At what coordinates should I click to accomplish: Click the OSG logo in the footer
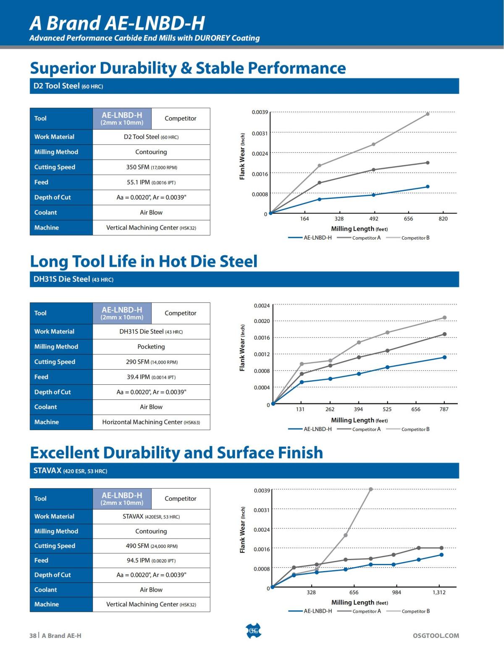pos(253,631)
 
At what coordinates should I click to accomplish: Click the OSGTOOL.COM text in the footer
pos(436,635)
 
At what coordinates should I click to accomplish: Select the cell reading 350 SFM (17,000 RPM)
pos(151,167)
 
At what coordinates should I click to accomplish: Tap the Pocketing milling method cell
pos(151,346)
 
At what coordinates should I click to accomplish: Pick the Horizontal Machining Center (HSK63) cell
pos(151,422)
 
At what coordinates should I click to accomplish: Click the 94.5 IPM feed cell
pos(151,560)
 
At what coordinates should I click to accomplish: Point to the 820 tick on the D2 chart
pos(443,219)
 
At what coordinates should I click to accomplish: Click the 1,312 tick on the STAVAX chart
pos(439,592)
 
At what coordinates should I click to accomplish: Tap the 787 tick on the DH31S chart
pos(444,409)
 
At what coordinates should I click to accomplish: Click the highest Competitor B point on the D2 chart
pos(428,114)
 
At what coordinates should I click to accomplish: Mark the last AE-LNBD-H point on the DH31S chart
pos(444,357)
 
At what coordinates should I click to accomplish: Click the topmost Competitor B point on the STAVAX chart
pos(370,489)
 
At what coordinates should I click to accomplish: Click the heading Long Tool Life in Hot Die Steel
pos(144,261)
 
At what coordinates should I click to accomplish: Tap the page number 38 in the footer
pos(33,635)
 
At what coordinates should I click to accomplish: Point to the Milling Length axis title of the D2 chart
pos(359,229)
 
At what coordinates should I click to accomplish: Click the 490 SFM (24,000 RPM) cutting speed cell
pos(151,546)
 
